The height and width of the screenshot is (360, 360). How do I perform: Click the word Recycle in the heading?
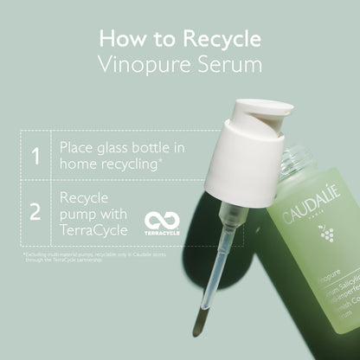[x=220, y=39]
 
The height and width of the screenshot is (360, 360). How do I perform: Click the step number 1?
[x=35, y=157]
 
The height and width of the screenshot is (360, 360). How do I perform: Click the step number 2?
[x=35, y=210]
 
